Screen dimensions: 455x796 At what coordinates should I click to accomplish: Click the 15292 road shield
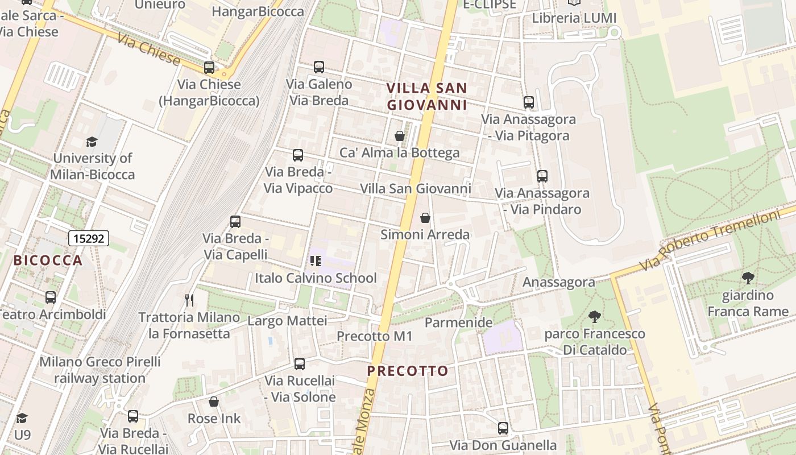pyautogui.click(x=89, y=238)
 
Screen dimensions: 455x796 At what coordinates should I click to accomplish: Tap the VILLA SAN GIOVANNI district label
pyautogui.click(x=426, y=97)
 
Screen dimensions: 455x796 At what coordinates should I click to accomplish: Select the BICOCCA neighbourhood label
pyautogui.click(x=48, y=260)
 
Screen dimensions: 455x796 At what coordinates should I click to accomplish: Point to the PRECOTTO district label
pyautogui.click(x=408, y=371)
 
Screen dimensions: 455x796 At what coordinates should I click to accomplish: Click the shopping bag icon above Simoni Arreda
pyautogui.click(x=425, y=218)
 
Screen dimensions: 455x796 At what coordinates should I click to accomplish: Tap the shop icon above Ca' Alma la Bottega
pyautogui.click(x=399, y=136)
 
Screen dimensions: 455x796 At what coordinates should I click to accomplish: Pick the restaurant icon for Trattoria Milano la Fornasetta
pyautogui.click(x=189, y=300)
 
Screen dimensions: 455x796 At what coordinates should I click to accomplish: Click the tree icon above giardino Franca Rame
pyautogui.click(x=748, y=278)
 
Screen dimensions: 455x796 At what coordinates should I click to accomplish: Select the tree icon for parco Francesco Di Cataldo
pyautogui.click(x=595, y=316)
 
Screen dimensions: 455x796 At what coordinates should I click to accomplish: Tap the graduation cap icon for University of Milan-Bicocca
pyautogui.click(x=92, y=141)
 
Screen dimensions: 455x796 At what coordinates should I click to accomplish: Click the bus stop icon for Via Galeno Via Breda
pyautogui.click(x=318, y=67)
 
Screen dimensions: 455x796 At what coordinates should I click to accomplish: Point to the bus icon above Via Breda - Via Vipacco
pyautogui.click(x=297, y=155)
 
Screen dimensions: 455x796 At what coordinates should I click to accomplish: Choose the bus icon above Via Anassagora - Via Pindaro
pyautogui.click(x=542, y=176)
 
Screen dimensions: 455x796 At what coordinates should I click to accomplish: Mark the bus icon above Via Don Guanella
pyautogui.click(x=503, y=428)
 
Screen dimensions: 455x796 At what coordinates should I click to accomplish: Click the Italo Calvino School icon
pyautogui.click(x=315, y=261)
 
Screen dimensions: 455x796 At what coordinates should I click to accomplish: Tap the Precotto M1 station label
pyautogui.click(x=374, y=336)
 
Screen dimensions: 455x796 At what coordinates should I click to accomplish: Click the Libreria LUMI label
pyautogui.click(x=574, y=18)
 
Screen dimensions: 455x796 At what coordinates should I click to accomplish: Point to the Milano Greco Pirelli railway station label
pyautogui.click(x=100, y=370)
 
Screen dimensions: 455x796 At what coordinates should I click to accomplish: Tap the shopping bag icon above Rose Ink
pyautogui.click(x=214, y=402)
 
